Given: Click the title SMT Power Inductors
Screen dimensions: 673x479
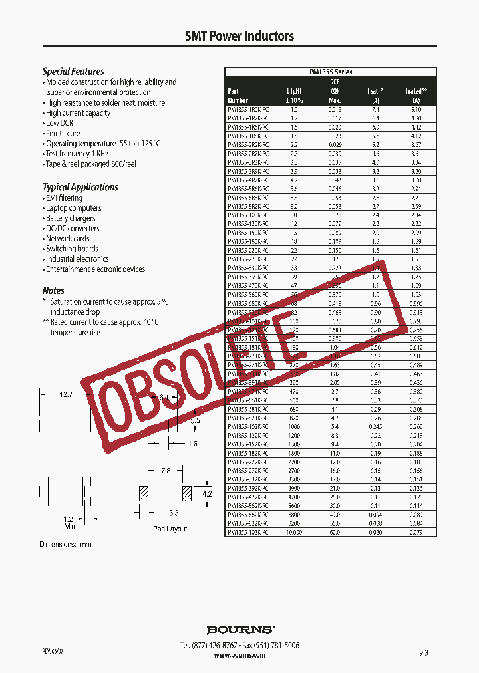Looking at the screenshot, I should (x=239, y=36).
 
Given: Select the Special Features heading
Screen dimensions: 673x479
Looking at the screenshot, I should (x=73, y=71).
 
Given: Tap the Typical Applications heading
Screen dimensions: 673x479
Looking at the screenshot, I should (x=80, y=187).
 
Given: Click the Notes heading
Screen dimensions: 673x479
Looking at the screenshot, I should (x=53, y=290).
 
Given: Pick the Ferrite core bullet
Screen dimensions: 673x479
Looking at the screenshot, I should (x=63, y=133).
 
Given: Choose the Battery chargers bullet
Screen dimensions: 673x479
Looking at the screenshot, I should (x=71, y=218).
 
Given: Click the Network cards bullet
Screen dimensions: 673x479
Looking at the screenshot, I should (x=67, y=239).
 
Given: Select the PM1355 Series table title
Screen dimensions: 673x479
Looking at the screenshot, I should (x=331, y=72).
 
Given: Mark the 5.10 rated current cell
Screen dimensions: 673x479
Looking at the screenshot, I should (x=416, y=109).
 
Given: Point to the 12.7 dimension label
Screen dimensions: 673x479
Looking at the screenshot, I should (x=65, y=394).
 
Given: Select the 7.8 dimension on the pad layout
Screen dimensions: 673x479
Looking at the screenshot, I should (x=166, y=471).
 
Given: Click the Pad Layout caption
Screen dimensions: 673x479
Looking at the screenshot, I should (x=170, y=529).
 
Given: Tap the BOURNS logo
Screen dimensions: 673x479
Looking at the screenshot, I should (x=239, y=629).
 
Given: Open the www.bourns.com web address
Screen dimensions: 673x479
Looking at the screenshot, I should (x=239, y=655).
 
